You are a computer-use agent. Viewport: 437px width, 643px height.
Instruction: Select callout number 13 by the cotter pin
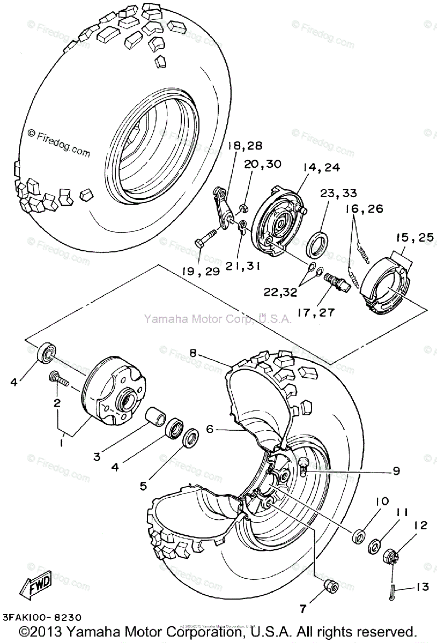[x=422, y=588]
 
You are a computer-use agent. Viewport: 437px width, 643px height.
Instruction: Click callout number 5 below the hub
[x=143, y=487]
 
